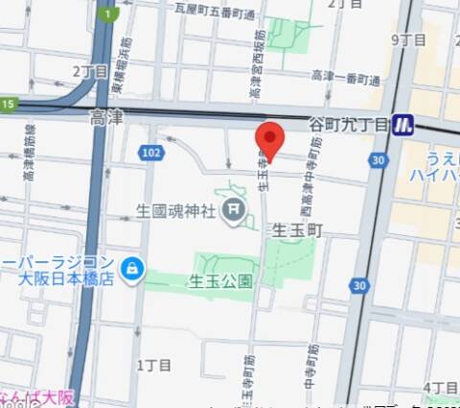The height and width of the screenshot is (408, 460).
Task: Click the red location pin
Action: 271,141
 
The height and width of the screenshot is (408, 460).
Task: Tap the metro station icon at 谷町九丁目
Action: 404,125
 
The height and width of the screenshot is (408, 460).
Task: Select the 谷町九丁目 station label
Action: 349,125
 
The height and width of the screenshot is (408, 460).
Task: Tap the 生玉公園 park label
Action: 220,281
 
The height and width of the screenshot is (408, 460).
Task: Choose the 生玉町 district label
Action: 298,231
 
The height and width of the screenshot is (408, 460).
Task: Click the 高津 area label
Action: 106,118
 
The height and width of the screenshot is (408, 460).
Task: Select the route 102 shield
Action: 150,153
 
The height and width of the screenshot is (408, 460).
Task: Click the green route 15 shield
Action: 9,104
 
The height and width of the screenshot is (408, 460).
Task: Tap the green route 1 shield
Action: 112,13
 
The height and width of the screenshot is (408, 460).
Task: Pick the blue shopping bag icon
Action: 132,269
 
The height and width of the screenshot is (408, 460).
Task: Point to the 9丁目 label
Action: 408,39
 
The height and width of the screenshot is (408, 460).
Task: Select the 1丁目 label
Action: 153,365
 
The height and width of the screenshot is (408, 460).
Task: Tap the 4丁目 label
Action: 439,387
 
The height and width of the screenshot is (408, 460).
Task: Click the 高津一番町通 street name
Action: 341,75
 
